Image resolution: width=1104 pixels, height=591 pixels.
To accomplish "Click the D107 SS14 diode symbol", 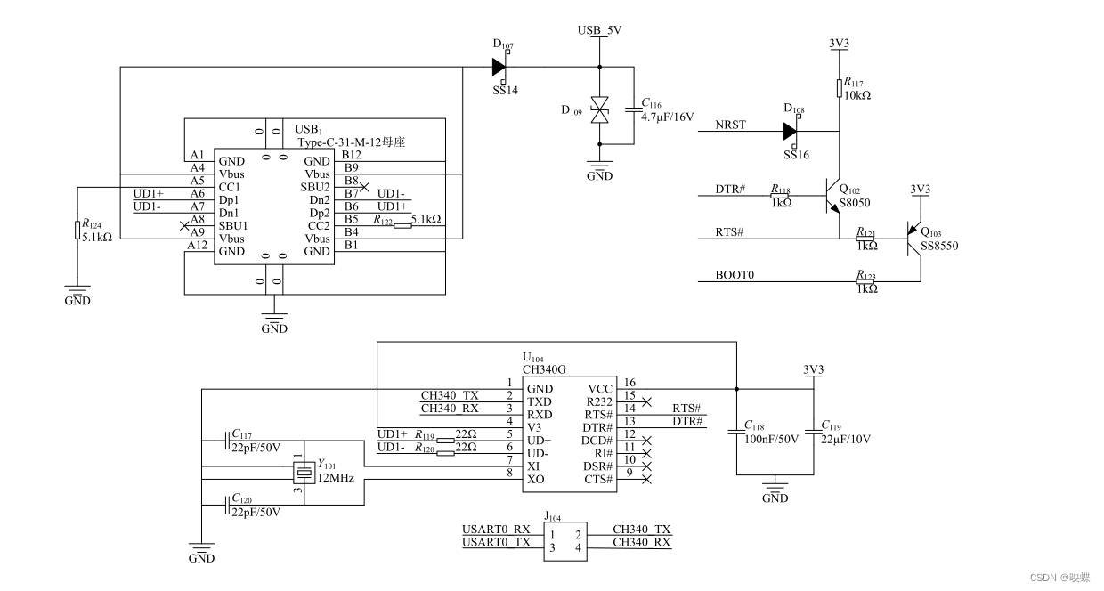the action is pos(499,67).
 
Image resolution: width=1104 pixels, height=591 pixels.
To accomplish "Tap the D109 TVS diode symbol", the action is pos(600,109).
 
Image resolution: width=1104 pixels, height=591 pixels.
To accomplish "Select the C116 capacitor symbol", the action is pos(634,109).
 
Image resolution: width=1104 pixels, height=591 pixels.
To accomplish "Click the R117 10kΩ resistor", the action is pos(840,88).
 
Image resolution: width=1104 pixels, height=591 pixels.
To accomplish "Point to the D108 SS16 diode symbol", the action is pos(790,131).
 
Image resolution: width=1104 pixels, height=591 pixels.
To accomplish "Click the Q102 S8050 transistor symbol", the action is pos(832,196).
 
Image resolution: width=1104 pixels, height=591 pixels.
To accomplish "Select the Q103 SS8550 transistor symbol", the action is pos(913,239).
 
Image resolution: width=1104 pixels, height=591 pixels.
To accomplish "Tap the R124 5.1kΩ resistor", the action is pos(77,231).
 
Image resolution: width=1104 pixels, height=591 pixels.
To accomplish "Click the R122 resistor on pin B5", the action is pos(402,226).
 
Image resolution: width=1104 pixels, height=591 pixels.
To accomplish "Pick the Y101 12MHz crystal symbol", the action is pos(304,473).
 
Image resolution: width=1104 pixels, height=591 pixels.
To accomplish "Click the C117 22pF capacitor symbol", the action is pos(227,441).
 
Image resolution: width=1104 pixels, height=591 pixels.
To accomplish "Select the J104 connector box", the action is pos(565,541).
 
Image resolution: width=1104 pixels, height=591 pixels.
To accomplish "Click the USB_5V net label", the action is pos(599,30).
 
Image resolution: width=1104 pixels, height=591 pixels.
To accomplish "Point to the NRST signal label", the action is pos(730,125).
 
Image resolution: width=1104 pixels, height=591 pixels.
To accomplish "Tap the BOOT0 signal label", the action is pos(735,275).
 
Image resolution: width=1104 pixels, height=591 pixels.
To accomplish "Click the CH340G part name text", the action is pos(544,369).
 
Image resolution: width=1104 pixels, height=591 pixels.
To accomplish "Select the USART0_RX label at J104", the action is pos(496,529).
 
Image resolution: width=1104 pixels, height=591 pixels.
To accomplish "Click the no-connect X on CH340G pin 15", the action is pos(646,401).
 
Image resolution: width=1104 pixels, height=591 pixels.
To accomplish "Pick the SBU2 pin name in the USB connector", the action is pos(315,187).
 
